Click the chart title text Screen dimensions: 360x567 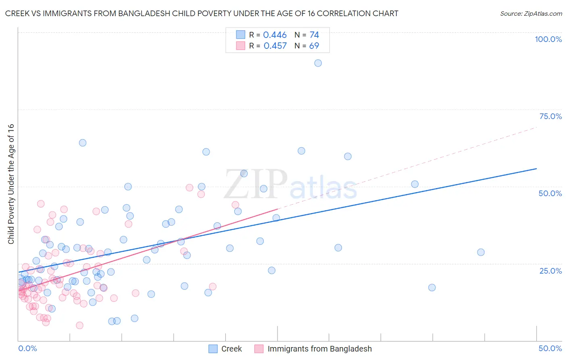click(202, 13)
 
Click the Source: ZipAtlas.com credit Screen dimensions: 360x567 click(531, 13)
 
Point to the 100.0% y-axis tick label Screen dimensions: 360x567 click(548, 39)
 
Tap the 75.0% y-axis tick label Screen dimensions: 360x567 click(550, 116)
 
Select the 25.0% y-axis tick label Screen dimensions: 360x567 click(550, 271)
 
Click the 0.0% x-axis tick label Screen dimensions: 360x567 click(27, 348)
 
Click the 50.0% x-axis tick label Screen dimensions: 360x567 click(550, 348)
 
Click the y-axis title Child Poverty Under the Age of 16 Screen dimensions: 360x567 click(11, 184)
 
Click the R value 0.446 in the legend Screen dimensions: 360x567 click(275, 35)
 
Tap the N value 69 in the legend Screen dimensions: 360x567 click(314, 46)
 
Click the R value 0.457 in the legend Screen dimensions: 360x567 click(275, 46)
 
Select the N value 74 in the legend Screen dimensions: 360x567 click(314, 35)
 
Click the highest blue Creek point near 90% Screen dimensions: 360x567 click(318, 63)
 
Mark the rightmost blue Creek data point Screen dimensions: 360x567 click(481, 252)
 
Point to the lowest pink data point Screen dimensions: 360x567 click(79, 325)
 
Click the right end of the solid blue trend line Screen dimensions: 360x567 click(536, 168)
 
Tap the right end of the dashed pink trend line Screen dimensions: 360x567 click(536, 127)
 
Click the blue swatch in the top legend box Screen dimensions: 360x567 click(241, 35)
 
